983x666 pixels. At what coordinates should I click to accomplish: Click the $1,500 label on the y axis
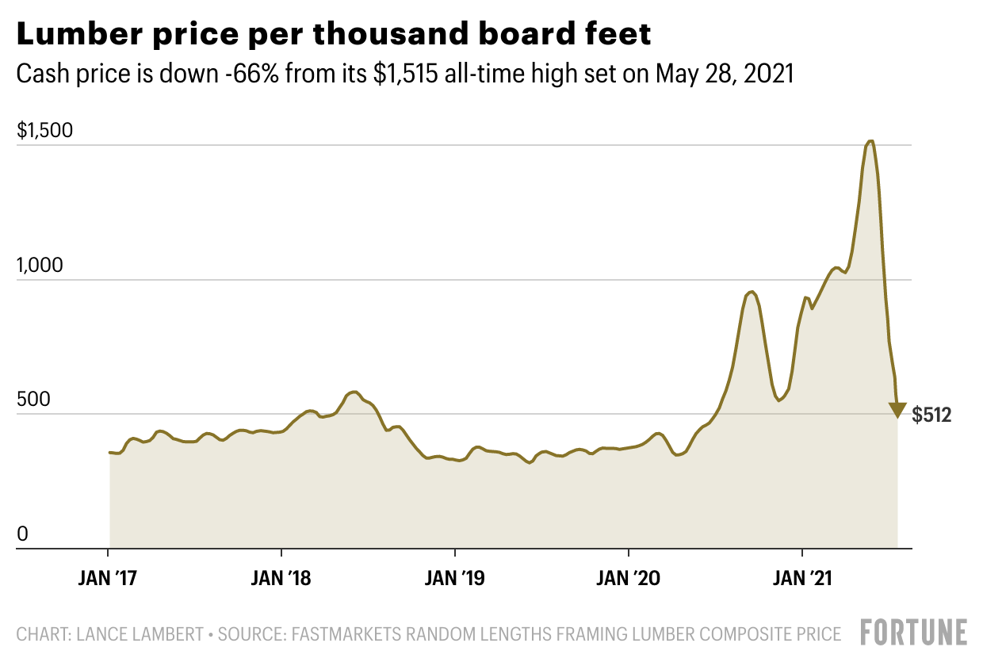[44, 132]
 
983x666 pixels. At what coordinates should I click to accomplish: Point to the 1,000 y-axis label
[38, 266]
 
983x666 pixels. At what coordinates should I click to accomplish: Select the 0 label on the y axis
[22, 534]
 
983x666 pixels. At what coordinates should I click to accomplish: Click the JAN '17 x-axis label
[108, 578]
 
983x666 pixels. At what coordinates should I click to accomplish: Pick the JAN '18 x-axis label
[281, 578]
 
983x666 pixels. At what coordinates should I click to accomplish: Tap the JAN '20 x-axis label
[629, 578]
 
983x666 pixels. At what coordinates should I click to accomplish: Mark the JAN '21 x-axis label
[802, 578]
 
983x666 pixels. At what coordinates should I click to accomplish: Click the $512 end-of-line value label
[931, 414]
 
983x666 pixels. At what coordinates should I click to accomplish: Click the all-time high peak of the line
[870, 142]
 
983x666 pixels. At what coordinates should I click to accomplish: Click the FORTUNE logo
[914, 632]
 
